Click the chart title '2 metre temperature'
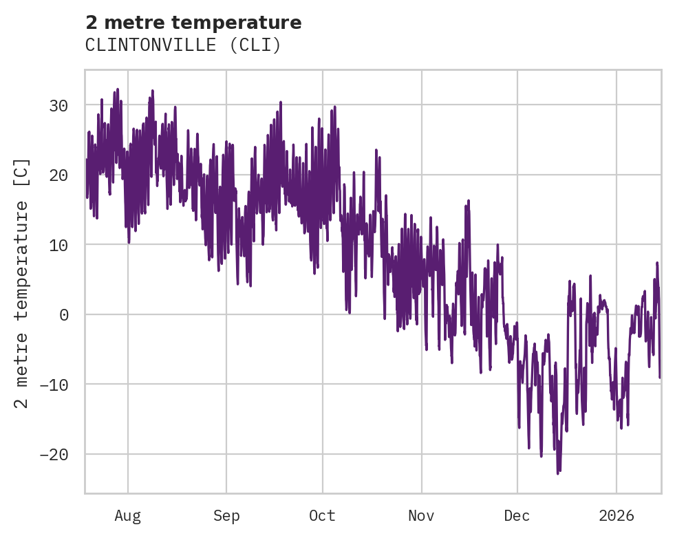[193, 23]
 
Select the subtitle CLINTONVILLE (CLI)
[183, 45]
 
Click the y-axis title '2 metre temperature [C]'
[22, 282]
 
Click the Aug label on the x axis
[127, 516]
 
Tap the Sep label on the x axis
[226, 516]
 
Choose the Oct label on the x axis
[322, 516]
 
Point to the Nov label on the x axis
[421, 516]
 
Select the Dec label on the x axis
[517, 516]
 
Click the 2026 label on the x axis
[616, 516]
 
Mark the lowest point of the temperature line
[558, 473]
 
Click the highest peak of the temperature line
[118, 89]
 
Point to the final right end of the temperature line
[660, 377]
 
